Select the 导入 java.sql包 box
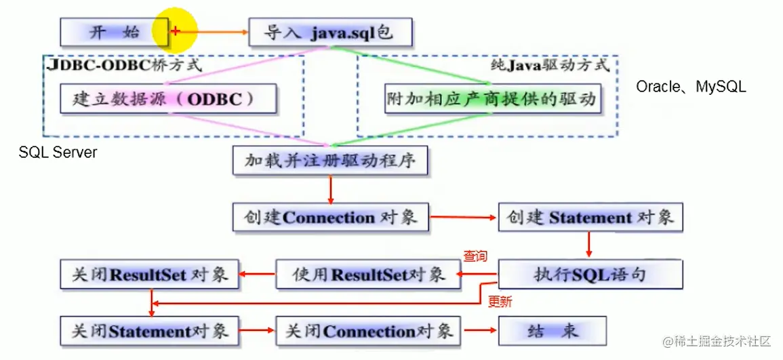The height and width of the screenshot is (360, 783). tap(329, 32)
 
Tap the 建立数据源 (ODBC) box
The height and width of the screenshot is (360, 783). tap(168, 99)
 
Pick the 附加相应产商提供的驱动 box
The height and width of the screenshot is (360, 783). tap(491, 99)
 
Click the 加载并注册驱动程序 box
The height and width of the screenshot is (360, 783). tap(329, 161)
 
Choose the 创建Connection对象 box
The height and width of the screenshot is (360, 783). tap(329, 218)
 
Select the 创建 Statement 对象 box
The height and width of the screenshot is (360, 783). tap(590, 218)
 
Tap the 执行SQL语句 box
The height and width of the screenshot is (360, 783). tap(590, 274)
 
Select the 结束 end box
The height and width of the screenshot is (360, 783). tap(553, 331)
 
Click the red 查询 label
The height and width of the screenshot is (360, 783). tap(475, 256)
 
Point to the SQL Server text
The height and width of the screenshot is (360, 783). tap(58, 153)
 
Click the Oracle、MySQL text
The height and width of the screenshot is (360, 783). tap(691, 87)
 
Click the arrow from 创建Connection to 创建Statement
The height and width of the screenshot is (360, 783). tap(463, 218)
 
